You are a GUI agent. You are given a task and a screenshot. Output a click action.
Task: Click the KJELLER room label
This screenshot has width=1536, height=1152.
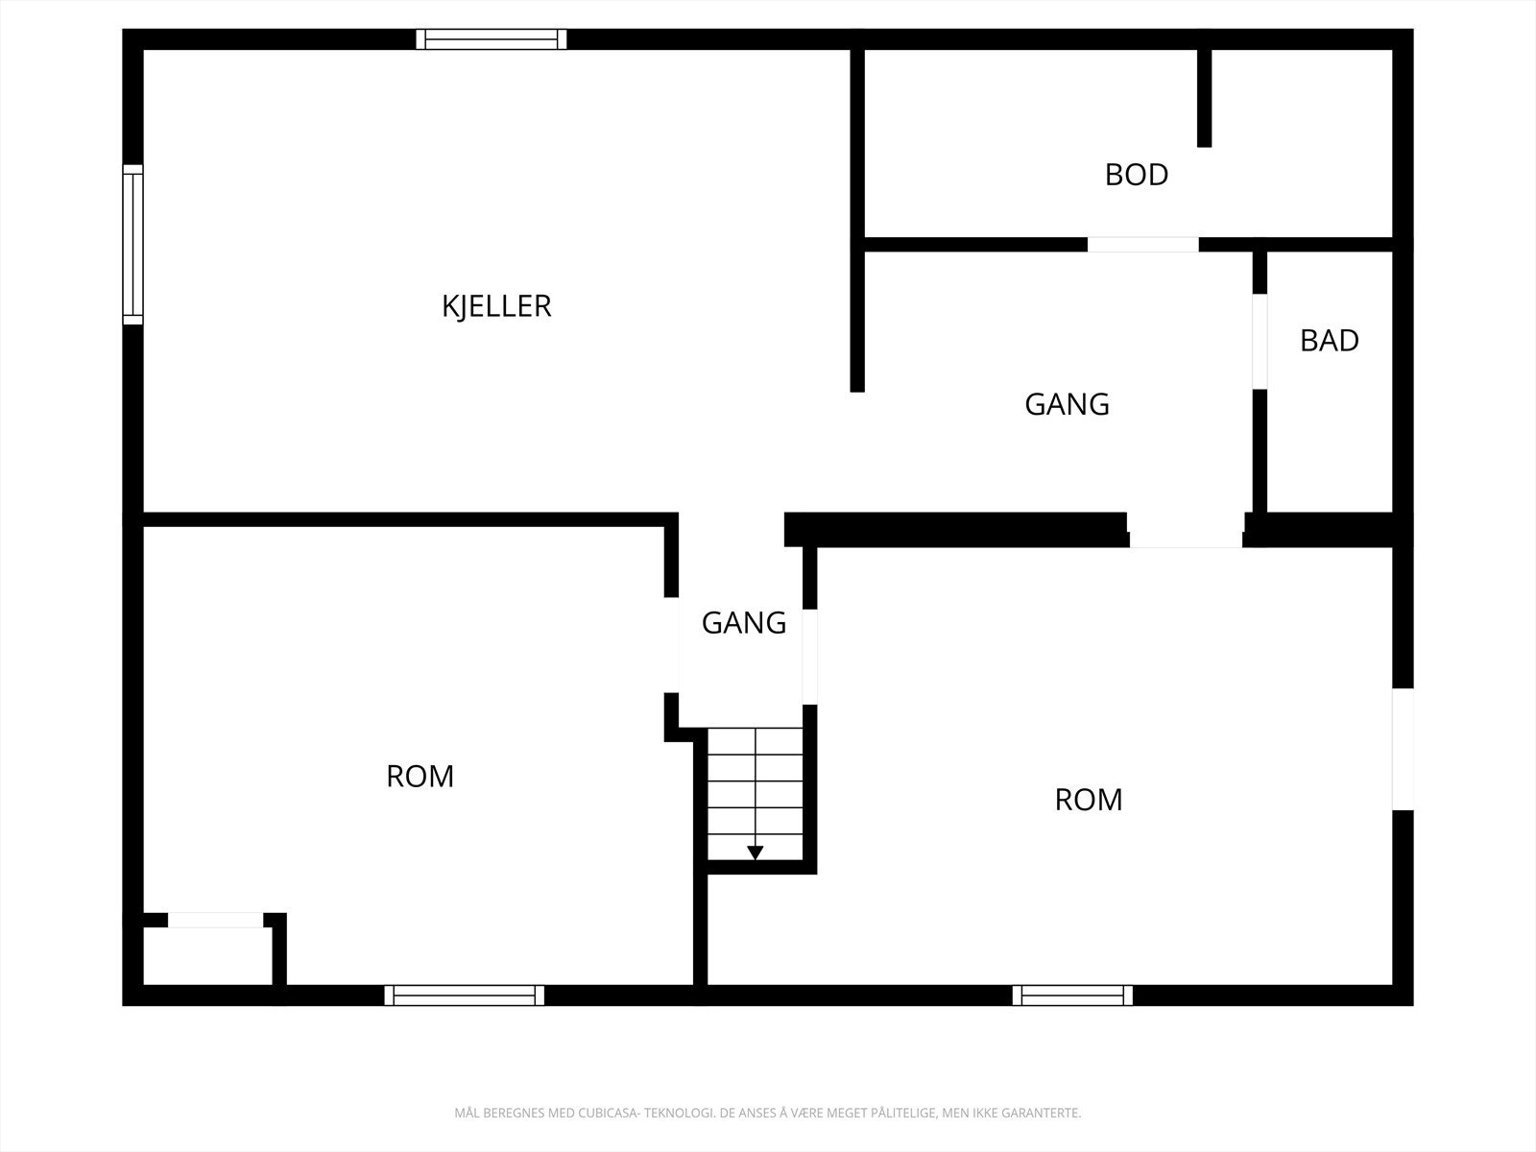pyautogui.click(x=496, y=306)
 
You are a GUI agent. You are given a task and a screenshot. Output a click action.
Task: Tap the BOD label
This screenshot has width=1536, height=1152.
pyautogui.click(x=1137, y=175)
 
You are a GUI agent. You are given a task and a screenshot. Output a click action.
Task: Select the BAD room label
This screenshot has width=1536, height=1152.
pyautogui.click(x=1329, y=341)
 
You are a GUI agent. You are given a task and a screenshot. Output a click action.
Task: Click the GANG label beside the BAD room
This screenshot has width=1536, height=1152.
pyautogui.click(x=1067, y=404)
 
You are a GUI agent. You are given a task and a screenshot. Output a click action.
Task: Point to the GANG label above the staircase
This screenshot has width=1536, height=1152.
pyautogui.click(x=744, y=623)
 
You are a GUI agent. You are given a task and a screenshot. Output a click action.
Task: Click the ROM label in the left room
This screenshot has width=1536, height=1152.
pyautogui.click(x=420, y=777)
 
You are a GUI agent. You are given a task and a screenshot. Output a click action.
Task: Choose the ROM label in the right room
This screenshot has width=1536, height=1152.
pyautogui.click(x=1088, y=800)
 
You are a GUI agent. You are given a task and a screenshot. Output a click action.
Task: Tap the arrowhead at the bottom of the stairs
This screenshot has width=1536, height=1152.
pyautogui.click(x=756, y=852)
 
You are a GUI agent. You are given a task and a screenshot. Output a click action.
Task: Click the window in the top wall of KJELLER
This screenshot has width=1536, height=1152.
pyautogui.click(x=492, y=39)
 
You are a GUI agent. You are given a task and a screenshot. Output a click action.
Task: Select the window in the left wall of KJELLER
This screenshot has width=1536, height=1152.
pyautogui.click(x=132, y=245)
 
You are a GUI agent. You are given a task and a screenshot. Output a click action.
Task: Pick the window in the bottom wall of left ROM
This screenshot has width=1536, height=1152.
pyautogui.click(x=464, y=996)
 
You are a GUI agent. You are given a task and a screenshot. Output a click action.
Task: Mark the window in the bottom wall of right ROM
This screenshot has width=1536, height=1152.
pyautogui.click(x=1072, y=996)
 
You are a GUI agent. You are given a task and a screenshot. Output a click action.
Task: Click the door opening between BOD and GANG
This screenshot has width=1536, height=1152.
pyautogui.click(x=1142, y=244)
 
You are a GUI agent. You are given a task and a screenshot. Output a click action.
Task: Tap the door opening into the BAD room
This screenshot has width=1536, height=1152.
pyautogui.click(x=1260, y=342)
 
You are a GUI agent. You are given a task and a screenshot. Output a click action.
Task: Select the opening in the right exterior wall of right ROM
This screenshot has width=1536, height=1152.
pyautogui.click(x=1404, y=749)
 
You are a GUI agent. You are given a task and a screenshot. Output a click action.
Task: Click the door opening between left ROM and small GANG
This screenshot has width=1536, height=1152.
pyautogui.click(x=671, y=645)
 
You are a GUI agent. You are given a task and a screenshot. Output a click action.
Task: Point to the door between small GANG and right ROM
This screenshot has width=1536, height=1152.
pyautogui.click(x=809, y=657)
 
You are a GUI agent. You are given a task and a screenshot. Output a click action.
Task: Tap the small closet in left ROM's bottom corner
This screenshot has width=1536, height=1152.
pyautogui.click(x=207, y=955)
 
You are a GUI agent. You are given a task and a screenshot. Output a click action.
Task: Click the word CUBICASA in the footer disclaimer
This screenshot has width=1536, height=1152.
pyautogui.click(x=609, y=1113)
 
